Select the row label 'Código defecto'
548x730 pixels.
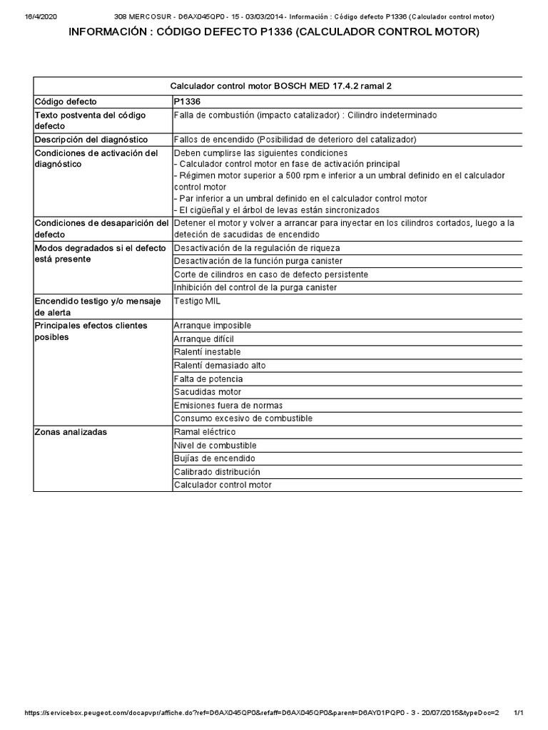click(x=66, y=102)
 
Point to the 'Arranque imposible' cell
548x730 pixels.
click(x=213, y=325)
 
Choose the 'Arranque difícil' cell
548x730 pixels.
click(x=204, y=339)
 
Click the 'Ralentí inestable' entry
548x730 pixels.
click(x=208, y=352)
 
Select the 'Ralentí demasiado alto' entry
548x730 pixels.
click(x=220, y=366)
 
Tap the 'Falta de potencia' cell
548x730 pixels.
click(x=208, y=379)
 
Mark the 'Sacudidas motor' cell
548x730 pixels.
click(x=208, y=392)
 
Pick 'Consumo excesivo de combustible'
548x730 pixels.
click(x=243, y=418)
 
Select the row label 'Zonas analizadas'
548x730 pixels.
click(x=72, y=432)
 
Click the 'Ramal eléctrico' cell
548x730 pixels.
click(x=205, y=432)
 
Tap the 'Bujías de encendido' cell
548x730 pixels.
click(x=214, y=458)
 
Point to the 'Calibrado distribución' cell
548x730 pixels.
click(x=217, y=472)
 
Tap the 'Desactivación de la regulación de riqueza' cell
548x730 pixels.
click(x=257, y=247)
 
